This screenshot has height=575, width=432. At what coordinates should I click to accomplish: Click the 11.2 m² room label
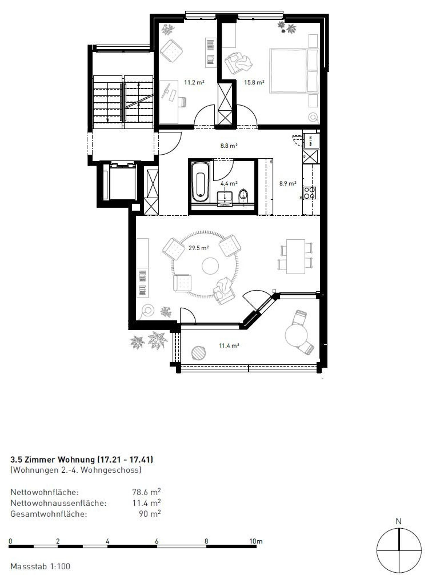[194, 83]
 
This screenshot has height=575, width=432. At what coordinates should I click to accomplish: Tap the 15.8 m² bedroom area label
[254, 83]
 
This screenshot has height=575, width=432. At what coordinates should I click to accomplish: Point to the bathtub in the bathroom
[200, 183]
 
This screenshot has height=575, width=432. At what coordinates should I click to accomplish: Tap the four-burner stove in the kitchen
[310, 193]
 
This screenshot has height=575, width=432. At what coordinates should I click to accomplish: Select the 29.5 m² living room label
[199, 248]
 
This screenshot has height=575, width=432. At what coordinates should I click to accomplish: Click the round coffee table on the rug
[210, 266]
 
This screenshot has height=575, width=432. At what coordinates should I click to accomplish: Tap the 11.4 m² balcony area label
[229, 346]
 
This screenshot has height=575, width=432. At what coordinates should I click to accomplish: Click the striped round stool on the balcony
[199, 353]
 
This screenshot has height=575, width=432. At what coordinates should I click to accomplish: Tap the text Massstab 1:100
[40, 566]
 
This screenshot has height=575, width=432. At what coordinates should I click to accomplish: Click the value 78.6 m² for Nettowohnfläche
[146, 492]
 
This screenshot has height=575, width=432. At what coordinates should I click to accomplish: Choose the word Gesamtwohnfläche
[49, 514]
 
